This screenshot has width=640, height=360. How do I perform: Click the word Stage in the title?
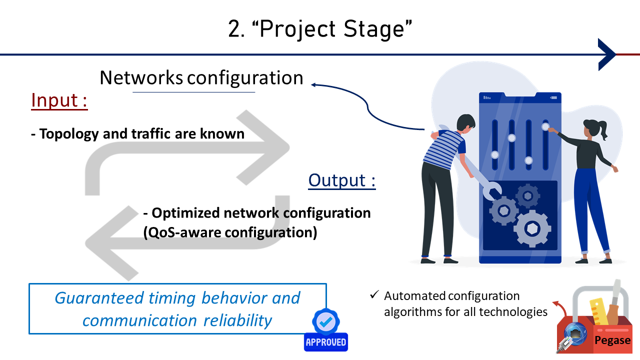[377, 29]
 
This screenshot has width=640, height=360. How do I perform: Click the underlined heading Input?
[59, 100]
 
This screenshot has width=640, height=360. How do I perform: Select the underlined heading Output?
[342, 180]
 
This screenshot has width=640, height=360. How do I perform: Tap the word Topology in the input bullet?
[69, 134]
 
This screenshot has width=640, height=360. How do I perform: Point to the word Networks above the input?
[141, 77]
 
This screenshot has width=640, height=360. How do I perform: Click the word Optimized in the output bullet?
[185, 213]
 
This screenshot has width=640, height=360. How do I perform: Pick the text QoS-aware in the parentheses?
[184, 232]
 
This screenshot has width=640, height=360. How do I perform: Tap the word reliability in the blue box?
[237, 320]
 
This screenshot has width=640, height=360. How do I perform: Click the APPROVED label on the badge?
[326, 342]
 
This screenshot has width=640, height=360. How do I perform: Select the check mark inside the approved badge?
[325, 321]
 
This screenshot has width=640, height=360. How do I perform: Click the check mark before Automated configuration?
[374, 294]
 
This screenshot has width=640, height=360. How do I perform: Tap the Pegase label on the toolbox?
[612, 340]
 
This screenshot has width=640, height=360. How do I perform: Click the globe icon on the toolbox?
[575, 333]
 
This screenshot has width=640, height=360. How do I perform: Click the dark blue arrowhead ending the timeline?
[607, 54]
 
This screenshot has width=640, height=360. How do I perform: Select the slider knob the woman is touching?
[545, 126]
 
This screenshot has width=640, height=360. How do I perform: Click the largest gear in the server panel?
[532, 228]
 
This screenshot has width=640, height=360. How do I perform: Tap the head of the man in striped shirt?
[465, 123]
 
